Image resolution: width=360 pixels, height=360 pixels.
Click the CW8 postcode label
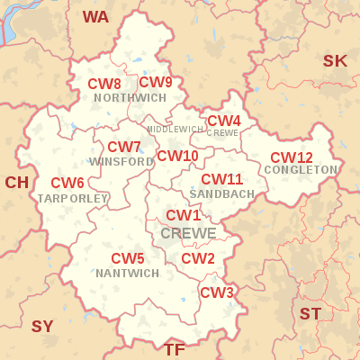104,84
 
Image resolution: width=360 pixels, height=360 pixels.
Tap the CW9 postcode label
156,83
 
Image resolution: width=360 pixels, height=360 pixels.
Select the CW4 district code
224,121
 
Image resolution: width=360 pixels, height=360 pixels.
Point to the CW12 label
292,157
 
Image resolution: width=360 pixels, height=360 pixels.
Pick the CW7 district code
124,148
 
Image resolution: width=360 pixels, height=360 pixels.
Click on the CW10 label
177,156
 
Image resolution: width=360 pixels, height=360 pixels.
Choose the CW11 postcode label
221,180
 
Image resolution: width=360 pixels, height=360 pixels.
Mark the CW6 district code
67,184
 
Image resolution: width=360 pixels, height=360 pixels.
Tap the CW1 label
184,215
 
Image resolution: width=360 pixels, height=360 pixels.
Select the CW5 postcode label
128,259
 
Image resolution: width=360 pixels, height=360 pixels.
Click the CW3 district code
217,292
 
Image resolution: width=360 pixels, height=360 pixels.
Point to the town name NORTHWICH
130,97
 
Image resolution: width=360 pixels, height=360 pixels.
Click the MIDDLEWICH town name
175,130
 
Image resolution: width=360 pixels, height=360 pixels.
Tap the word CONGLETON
301,170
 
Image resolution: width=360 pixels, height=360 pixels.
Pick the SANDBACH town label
221,193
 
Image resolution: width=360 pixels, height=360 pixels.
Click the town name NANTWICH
127,273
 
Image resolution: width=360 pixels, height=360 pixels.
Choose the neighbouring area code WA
95,17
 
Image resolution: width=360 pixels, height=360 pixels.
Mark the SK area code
335,61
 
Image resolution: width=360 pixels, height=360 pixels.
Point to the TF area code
175,348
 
